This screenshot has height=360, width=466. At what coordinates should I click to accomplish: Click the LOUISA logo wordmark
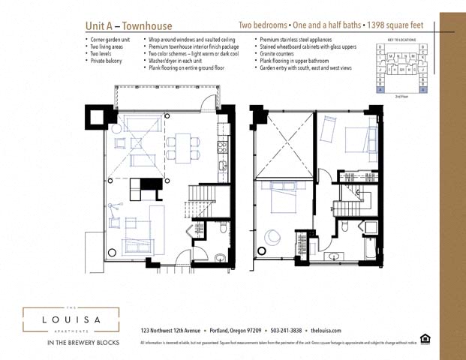pos(71,320)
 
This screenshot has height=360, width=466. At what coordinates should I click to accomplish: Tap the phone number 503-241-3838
pos(285,330)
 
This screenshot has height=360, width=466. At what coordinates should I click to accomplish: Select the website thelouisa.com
pos(326,330)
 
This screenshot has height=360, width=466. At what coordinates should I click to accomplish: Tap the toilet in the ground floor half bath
pos(221,228)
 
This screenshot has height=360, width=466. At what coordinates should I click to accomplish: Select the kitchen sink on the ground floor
pos(222,148)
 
